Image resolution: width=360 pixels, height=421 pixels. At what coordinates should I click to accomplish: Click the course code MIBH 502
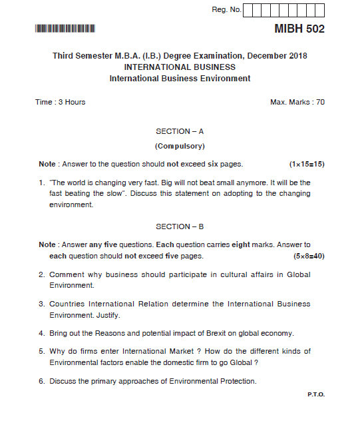coord(299,29)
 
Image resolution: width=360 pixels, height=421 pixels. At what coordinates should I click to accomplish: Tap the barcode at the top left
coord(65,29)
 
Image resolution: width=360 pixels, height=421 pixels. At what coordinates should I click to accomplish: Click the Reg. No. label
coord(226,9)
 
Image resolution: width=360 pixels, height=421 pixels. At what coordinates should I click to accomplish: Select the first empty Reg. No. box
coord(248,10)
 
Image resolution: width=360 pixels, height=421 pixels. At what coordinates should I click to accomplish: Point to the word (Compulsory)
coord(180,146)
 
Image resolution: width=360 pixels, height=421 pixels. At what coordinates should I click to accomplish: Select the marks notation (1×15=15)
coord(307,164)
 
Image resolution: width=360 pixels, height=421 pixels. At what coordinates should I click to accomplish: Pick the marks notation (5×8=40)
coord(309,256)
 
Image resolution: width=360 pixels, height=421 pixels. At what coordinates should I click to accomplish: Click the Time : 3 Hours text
coord(60,102)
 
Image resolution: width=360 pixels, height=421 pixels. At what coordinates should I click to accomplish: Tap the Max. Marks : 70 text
coord(297,102)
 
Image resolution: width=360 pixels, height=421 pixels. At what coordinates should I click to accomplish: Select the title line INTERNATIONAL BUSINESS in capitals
coord(180,67)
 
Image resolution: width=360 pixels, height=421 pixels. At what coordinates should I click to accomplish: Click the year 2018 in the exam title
coord(297,56)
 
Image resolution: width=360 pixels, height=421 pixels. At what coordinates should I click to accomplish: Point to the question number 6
coord(41,381)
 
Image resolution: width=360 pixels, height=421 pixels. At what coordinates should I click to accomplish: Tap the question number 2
coord(41,274)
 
